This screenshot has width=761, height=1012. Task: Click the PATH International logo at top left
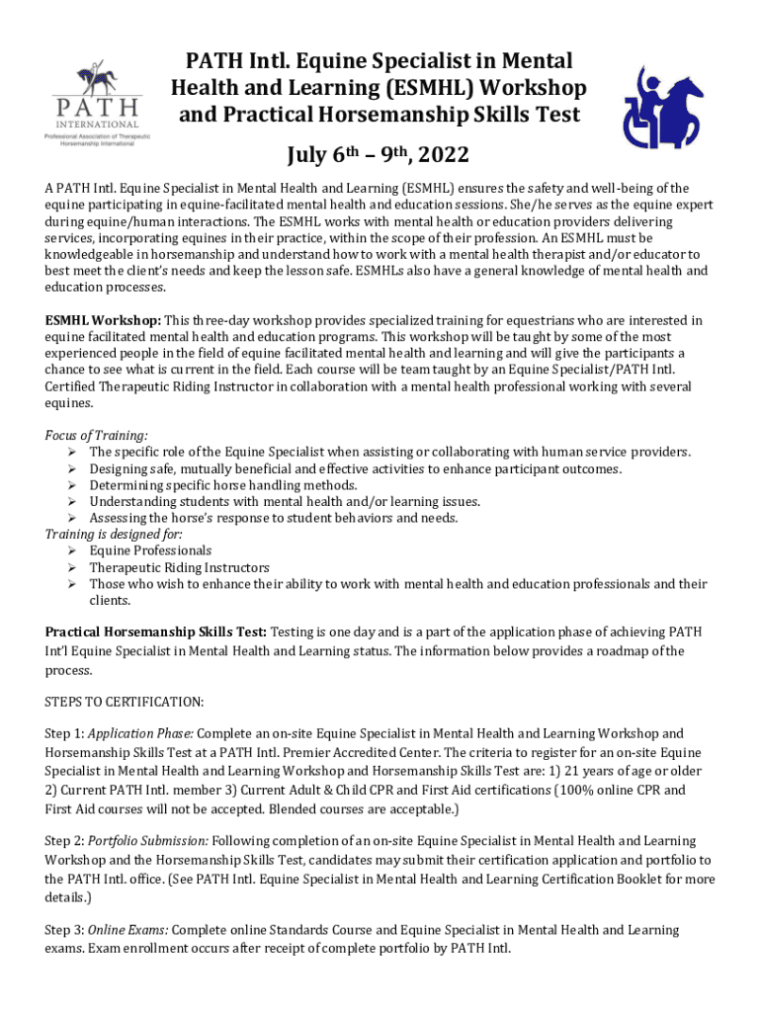pos(97,100)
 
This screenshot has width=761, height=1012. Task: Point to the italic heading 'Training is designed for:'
pos(114,534)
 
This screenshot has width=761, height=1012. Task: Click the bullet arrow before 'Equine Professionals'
pos(72,550)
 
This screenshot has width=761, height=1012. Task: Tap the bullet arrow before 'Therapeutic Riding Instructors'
pos(72,567)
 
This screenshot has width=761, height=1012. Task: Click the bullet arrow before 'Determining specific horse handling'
pos(72,485)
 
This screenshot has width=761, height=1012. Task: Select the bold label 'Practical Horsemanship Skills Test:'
pos(155,632)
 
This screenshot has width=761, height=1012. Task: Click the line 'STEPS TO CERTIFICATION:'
pos(125,702)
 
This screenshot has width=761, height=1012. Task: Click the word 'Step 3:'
pos(64,930)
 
